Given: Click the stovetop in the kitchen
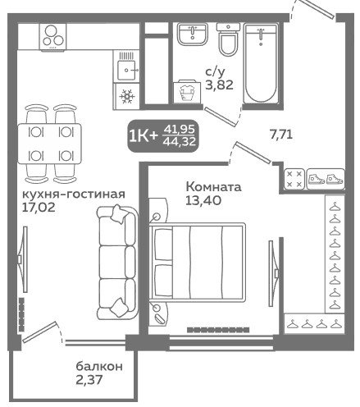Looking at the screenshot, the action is click(52, 37).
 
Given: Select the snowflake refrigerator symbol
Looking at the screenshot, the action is click(126, 96).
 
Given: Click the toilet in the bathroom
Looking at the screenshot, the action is click(228, 39).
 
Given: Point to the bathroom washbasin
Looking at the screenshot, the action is click(193, 34).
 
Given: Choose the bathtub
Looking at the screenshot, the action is click(261, 64).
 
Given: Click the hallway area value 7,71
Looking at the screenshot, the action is click(281, 135).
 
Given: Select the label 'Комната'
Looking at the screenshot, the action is click(213, 187).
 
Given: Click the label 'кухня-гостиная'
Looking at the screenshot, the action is click(73, 194).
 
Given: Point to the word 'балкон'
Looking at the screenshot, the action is click(99, 367).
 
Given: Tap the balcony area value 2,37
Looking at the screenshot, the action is click(89, 380).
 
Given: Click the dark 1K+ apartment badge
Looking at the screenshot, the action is click(163, 136).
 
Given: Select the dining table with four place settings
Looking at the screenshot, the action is click(49, 144).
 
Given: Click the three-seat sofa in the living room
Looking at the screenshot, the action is click(117, 262).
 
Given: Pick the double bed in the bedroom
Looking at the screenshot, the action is click(197, 262).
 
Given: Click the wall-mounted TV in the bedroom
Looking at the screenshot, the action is click(273, 273).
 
